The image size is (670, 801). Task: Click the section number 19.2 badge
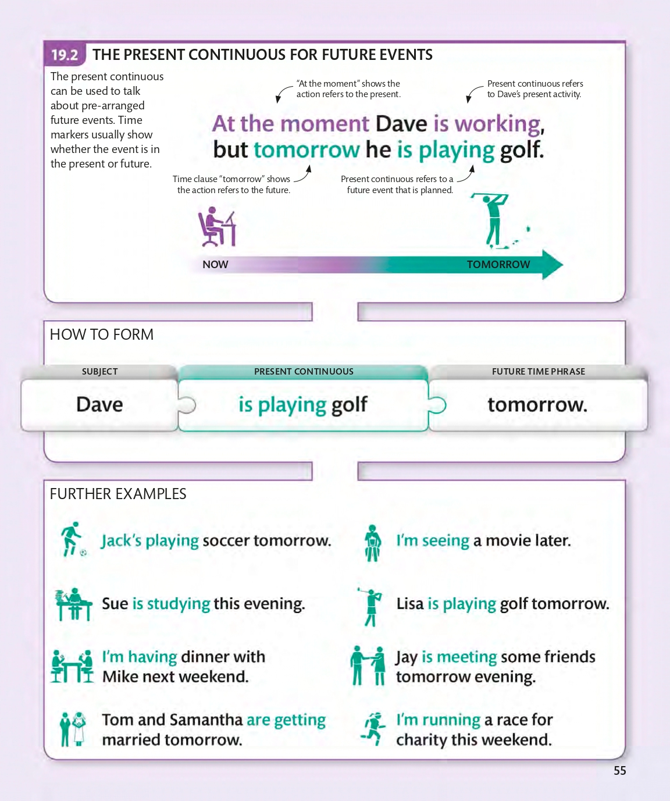(x=64, y=55)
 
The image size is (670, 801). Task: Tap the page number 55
(x=620, y=771)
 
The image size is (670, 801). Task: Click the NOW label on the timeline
(x=215, y=265)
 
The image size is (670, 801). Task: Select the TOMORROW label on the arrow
(x=498, y=265)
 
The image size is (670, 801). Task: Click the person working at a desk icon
(x=217, y=228)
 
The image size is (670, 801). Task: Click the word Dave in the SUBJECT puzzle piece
(x=99, y=404)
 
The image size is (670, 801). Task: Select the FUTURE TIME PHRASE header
(x=539, y=372)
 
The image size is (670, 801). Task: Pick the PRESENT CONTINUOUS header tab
(x=304, y=372)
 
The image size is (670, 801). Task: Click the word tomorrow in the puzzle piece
(x=537, y=404)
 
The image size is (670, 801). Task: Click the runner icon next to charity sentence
(x=373, y=728)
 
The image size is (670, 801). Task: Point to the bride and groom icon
(x=73, y=728)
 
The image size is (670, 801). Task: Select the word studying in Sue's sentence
(x=179, y=604)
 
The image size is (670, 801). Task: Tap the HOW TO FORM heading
(x=102, y=334)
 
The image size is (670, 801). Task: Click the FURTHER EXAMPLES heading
(x=118, y=494)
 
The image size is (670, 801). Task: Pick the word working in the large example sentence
(x=497, y=124)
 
